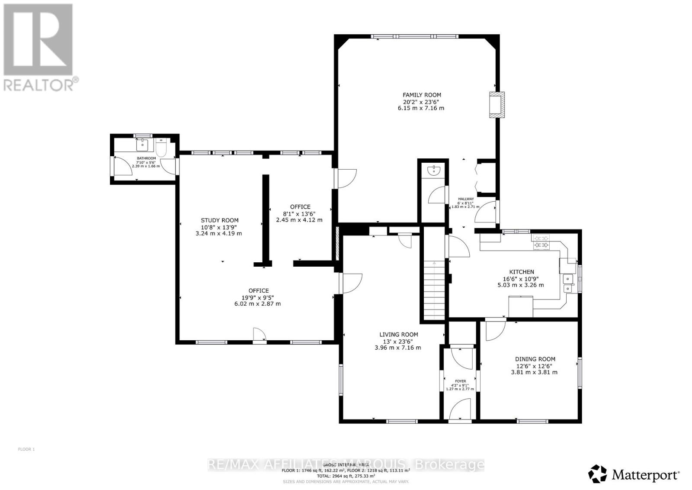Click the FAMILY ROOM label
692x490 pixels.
coord(422,95)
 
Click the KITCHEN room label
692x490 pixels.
coord(521,272)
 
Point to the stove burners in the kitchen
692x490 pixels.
coord(541,242)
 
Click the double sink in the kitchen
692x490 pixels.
coord(568,284)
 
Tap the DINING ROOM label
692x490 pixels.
coord(535,359)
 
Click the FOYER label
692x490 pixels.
coord(460,381)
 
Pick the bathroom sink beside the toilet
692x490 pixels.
coord(142,144)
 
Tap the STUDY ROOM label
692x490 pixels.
coord(219,220)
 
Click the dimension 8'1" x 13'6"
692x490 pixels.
coord(300,213)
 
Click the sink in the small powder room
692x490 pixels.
coord(433,171)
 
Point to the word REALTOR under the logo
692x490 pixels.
coord(39,84)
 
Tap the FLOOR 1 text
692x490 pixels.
coord(26,449)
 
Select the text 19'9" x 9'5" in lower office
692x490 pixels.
coord(258,297)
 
